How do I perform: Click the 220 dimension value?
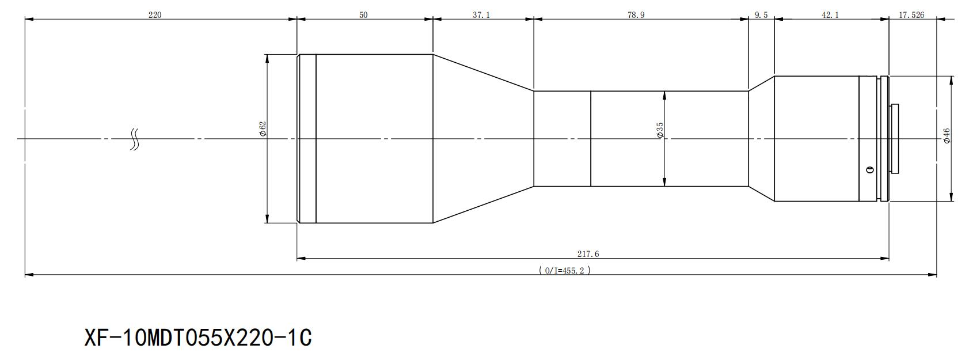pyautogui.click(x=154, y=15)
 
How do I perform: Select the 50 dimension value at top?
pyautogui.click(x=363, y=15)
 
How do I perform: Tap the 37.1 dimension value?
pyautogui.click(x=481, y=15)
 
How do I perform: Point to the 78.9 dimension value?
pyautogui.click(x=636, y=15)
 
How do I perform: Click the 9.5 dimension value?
pyautogui.click(x=761, y=15)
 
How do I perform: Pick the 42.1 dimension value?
pyautogui.click(x=830, y=15)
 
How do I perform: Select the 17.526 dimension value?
pyautogui.click(x=911, y=15)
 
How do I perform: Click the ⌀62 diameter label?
pyautogui.click(x=263, y=130)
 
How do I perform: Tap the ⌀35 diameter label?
pyautogui.click(x=660, y=130)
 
